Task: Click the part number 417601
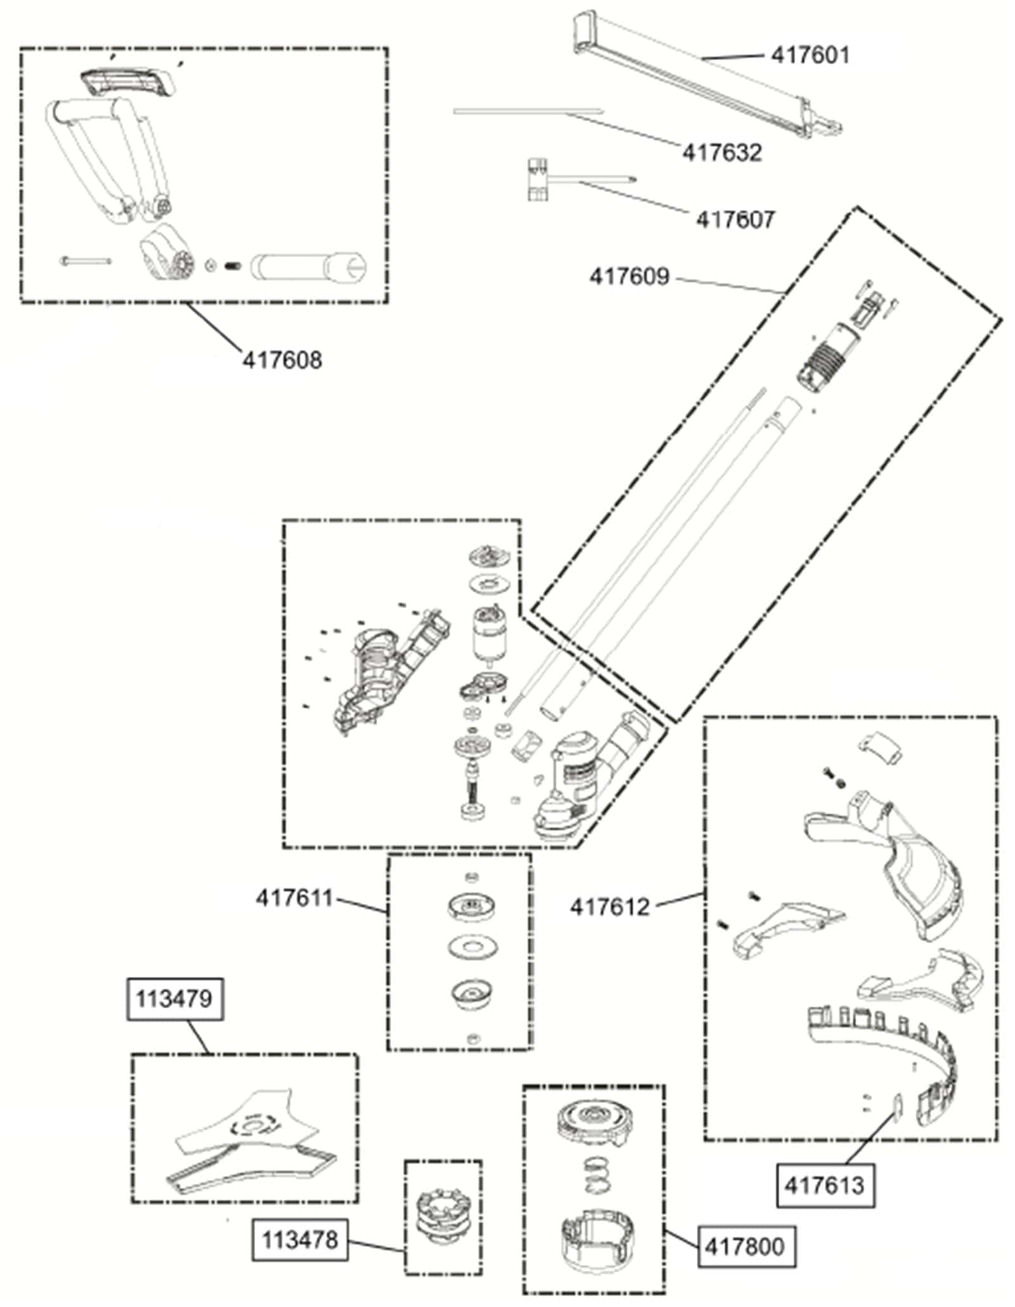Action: pyautogui.click(x=810, y=55)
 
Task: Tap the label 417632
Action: pyautogui.click(x=722, y=152)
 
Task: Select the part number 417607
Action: pyautogui.click(x=735, y=220)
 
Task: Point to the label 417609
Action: pyautogui.click(x=629, y=277)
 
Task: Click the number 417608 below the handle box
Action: pyautogui.click(x=282, y=360)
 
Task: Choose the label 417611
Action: pyautogui.click(x=294, y=898)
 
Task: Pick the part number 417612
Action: pyautogui.click(x=610, y=907)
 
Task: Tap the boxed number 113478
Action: pyautogui.click(x=300, y=1239)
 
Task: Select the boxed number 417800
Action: pyautogui.click(x=745, y=1247)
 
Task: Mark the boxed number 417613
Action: pyautogui.click(x=825, y=1185)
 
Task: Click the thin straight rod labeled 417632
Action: pyautogui.click(x=528, y=112)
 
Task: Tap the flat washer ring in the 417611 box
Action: pyautogui.click(x=471, y=947)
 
